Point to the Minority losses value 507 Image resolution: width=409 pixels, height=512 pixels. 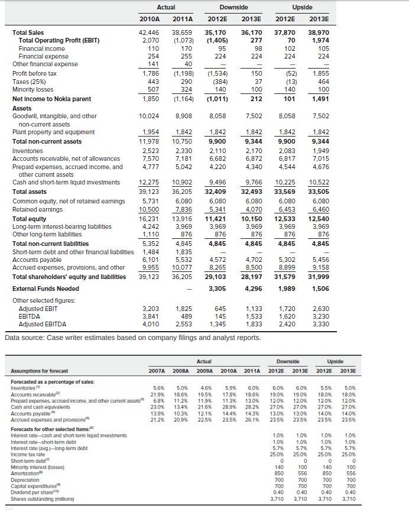151,90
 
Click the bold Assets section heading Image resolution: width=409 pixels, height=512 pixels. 23,109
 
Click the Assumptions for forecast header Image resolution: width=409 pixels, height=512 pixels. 39,371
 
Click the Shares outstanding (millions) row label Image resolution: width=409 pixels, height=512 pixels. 41,499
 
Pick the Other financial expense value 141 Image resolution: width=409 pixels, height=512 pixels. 151,64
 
